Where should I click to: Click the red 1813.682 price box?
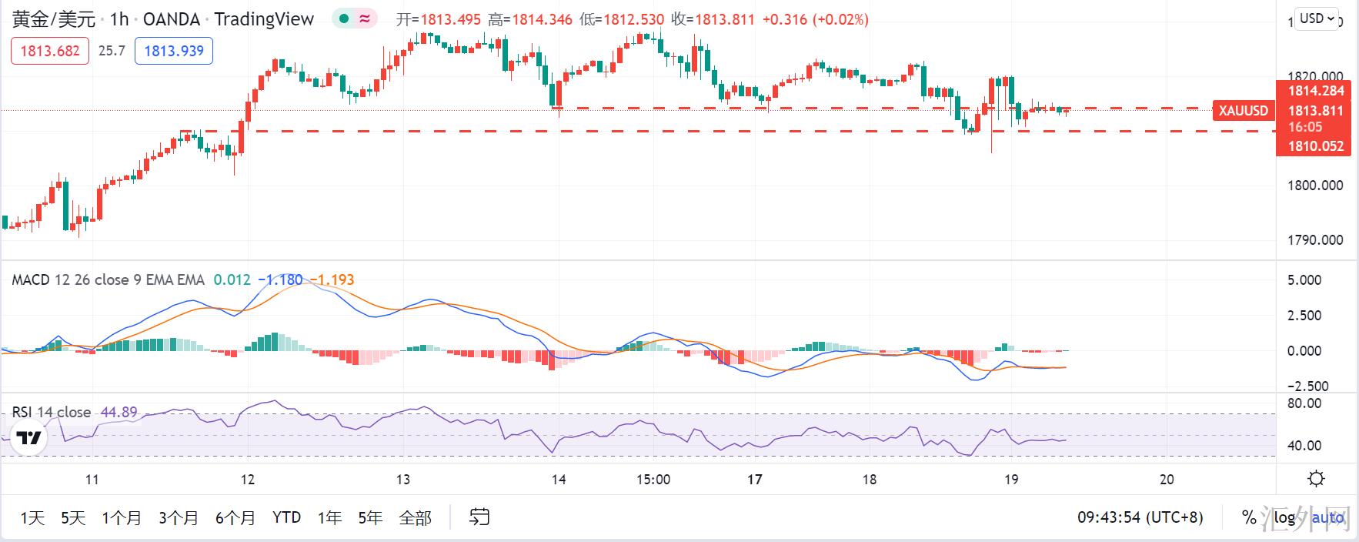tap(50, 51)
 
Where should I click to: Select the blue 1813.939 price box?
tap(174, 51)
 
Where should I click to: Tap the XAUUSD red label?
tap(1243, 111)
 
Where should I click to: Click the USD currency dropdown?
tap(1318, 18)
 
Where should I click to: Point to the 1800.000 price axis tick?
tap(1315, 186)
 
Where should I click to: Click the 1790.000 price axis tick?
tap(1315, 240)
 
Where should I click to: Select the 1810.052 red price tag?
tap(1315, 146)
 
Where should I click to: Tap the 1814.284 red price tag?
tap(1315, 91)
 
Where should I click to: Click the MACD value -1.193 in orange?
tap(332, 279)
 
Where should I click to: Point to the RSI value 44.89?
tap(119, 412)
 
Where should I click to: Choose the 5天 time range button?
tap(73, 517)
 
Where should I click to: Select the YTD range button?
tap(286, 517)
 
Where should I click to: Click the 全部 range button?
tap(415, 517)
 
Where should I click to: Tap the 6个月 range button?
tap(235, 517)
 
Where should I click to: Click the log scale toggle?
tap(1284, 517)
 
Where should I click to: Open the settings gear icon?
tap(1317, 479)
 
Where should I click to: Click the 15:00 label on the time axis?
tap(653, 479)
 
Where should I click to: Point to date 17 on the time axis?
tap(754, 479)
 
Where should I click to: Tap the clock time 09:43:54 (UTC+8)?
tap(1140, 517)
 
